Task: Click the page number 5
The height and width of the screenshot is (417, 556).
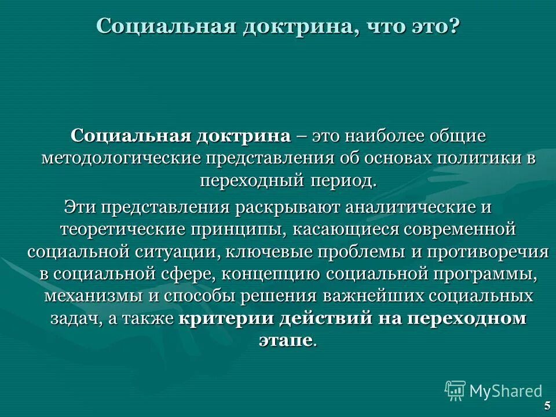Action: pos(547,405)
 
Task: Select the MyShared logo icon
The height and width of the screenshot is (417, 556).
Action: pos(455,391)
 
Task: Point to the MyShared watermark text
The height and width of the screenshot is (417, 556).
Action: pos(506,391)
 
